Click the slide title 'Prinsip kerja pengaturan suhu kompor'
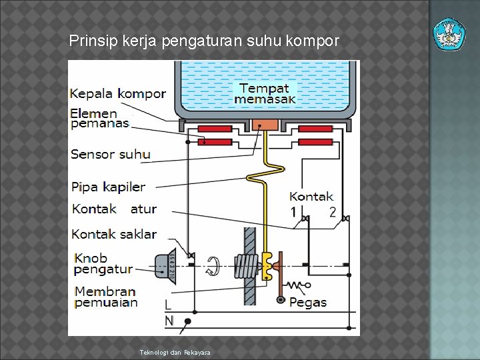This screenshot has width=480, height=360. click(x=204, y=41)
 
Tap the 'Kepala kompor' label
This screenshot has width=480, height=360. click(x=118, y=93)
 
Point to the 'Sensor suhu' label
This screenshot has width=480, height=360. click(x=110, y=154)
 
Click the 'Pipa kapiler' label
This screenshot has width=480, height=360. click(x=108, y=187)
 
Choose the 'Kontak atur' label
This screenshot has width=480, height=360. click(x=114, y=209)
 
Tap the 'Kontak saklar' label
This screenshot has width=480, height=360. click(x=114, y=234)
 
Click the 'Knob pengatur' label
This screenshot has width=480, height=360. click(x=103, y=263)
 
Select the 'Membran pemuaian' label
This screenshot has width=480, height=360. click(x=105, y=297)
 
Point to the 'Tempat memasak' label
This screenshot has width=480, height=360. click(x=264, y=93)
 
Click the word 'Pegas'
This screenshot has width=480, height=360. click(x=308, y=303)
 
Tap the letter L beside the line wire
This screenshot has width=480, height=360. click(x=169, y=304)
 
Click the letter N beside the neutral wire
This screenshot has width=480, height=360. click(x=169, y=321)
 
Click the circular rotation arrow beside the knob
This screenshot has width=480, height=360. click(x=214, y=266)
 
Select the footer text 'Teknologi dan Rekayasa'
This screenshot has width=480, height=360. click(x=175, y=352)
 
